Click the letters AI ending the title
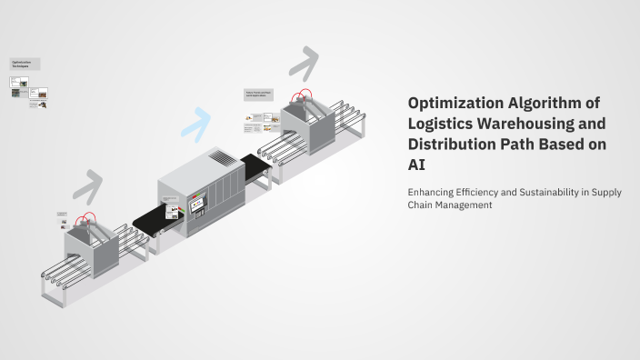pos(416,165)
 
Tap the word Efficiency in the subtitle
pos(491,192)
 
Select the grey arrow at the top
pos(305,61)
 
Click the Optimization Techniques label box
pos(25,65)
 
